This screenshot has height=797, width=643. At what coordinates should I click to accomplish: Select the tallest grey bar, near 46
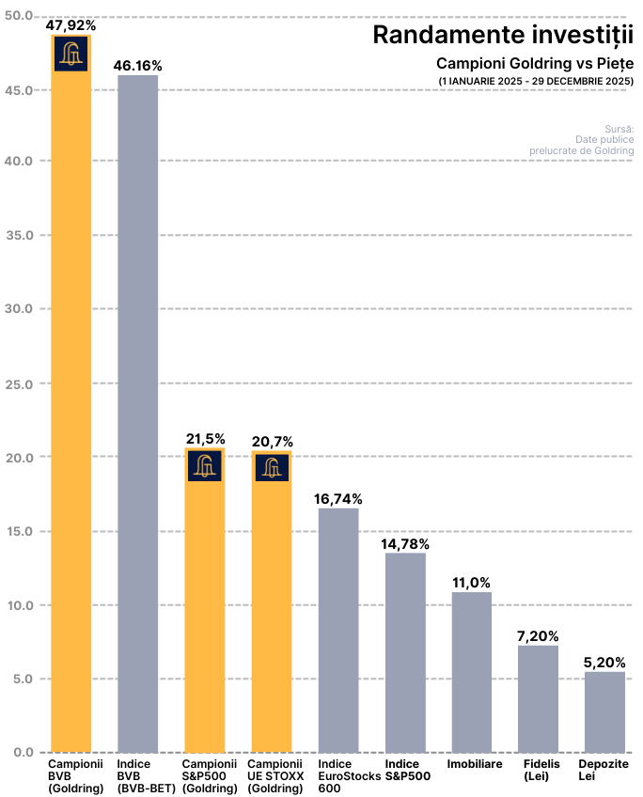coord(138,414)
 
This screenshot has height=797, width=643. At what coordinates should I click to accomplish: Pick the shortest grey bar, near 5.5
coord(604,711)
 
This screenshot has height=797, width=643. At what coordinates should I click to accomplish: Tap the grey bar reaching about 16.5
coord(338,630)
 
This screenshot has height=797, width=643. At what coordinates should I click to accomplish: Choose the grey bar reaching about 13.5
coord(405,652)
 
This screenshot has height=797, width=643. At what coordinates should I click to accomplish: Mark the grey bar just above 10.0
coord(472,672)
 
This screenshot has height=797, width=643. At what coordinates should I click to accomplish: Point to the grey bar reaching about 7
coord(539,698)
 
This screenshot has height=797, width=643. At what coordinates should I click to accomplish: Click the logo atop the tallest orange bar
coord(71,54)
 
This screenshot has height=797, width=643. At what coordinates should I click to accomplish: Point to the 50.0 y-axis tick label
coord(19,16)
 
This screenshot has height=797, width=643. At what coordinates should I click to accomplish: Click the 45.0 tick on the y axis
coord(19,89)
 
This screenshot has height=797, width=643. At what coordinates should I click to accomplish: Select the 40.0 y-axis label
coord(19,161)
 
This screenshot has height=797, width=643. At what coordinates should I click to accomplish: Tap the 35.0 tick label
coord(19,235)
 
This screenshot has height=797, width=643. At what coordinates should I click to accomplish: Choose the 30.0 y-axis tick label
coord(19,308)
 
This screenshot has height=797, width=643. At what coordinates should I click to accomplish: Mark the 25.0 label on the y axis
coord(19,383)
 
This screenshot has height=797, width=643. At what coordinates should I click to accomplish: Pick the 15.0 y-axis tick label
coord(19,531)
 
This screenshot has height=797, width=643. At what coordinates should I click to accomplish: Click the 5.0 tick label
coord(22,679)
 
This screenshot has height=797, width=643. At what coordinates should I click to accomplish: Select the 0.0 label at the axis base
coord(22,752)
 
